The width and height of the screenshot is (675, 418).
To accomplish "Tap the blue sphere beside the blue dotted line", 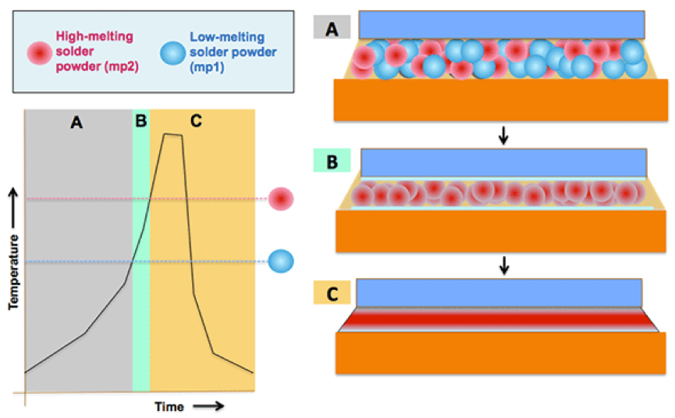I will pos(280,261).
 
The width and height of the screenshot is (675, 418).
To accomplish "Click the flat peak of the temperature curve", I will pos(172,134).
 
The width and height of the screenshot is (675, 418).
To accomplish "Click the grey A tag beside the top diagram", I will pos(332,28).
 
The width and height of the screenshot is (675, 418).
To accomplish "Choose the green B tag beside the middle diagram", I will pos(332,161).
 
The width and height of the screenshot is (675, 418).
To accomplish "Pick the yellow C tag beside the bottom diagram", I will pos(332,294).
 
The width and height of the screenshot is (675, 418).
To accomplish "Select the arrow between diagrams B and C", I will pos(504,265).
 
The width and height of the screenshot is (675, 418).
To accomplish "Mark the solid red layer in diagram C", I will pos(499,319).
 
